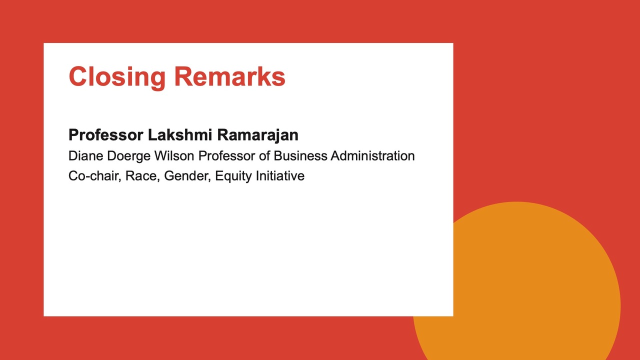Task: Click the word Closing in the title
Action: click(117, 77)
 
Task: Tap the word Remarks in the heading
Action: click(229, 76)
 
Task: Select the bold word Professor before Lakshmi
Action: click(105, 135)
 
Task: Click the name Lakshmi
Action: click(180, 135)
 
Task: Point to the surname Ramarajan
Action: click(257, 135)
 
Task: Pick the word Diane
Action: click(85, 156)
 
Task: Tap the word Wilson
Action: click(174, 156)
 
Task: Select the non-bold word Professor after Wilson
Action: click(227, 156)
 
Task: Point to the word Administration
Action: click(373, 156)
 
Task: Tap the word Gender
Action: click(187, 176)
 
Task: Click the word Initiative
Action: click(280, 176)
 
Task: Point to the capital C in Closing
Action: click(78, 76)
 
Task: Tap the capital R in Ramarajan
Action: click(223, 135)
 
